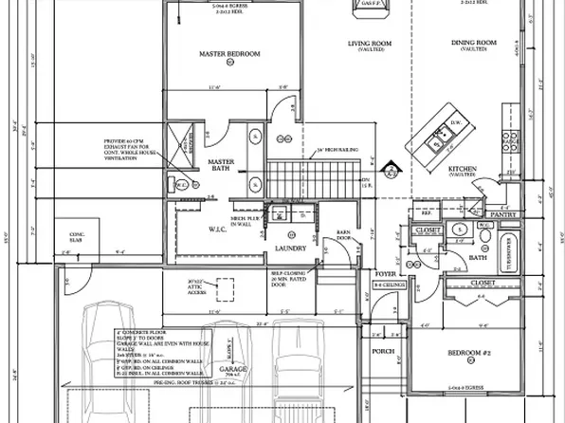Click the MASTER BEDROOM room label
click(229, 54)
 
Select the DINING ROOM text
click(470, 42)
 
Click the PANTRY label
click(501, 214)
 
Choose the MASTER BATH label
click(221, 167)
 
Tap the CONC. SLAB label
click(77, 234)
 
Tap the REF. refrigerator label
click(425, 214)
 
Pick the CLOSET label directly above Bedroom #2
click(483, 282)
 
